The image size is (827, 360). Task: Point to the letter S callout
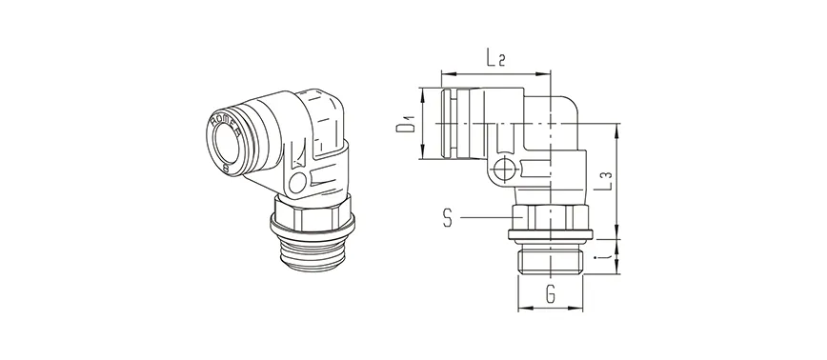[x=448, y=219]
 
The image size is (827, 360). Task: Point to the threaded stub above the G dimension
[x=551, y=260]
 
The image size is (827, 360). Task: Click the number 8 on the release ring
[x=225, y=166]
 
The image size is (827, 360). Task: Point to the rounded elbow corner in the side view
[x=570, y=103]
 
